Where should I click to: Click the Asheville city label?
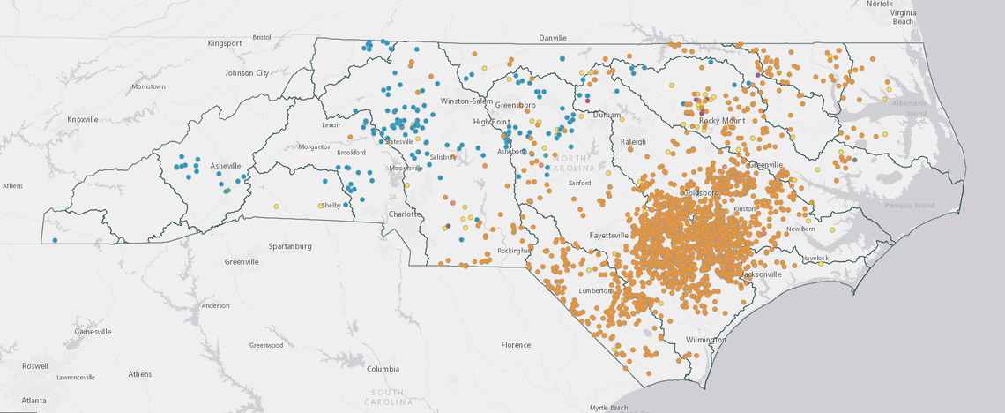pyautogui.click(x=225, y=166)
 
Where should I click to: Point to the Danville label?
pyautogui.click(x=553, y=39)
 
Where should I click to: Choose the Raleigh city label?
pyautogui.click(x=633, y=141)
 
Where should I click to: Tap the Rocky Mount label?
pyautogui.click(x=722, y=120)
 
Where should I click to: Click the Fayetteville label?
pyautogui.click(x=609, y=236)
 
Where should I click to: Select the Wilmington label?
pyautogui.click(x=706, y=339)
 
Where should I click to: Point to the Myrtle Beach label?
pyautogui.click(x=610, y=408)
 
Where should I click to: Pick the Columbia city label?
pyautogui.click(x=383, y=369)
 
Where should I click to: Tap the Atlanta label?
pyautogui.click(x=35, y=401)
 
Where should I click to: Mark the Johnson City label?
pyautogui.click(x=247, y=73)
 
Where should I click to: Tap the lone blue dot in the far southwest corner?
pyautogui.click(x=55, y=240)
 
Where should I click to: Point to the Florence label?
pyautogui.click(x=517, y=344)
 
